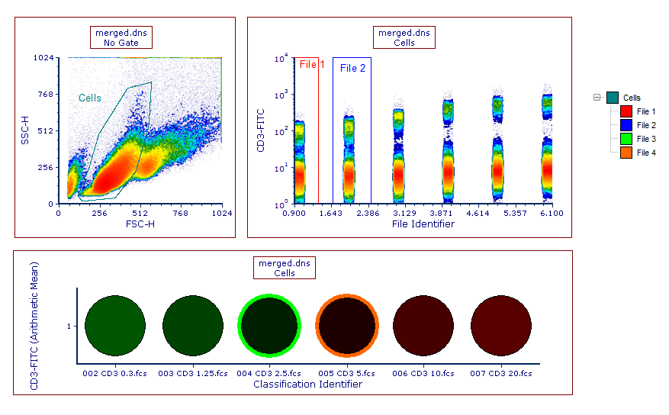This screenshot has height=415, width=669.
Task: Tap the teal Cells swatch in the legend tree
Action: (613, 98)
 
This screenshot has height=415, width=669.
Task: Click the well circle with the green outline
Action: (269, 325)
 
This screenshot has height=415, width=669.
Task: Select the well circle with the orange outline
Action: (346, 325)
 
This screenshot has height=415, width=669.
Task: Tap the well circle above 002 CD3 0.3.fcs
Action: (114, 325)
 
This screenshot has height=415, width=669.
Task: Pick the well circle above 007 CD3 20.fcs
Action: (500, 325)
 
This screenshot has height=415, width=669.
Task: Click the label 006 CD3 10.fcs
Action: (423, 373)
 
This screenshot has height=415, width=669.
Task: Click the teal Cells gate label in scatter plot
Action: (90, 98)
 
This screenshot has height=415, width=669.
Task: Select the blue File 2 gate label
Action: (352, 68)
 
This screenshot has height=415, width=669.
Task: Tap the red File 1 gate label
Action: (311, 65)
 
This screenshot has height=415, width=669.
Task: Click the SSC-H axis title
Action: (25, 130)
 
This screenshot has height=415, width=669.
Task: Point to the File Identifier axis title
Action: (423, 224)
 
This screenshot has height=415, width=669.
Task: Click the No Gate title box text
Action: (121, 43)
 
